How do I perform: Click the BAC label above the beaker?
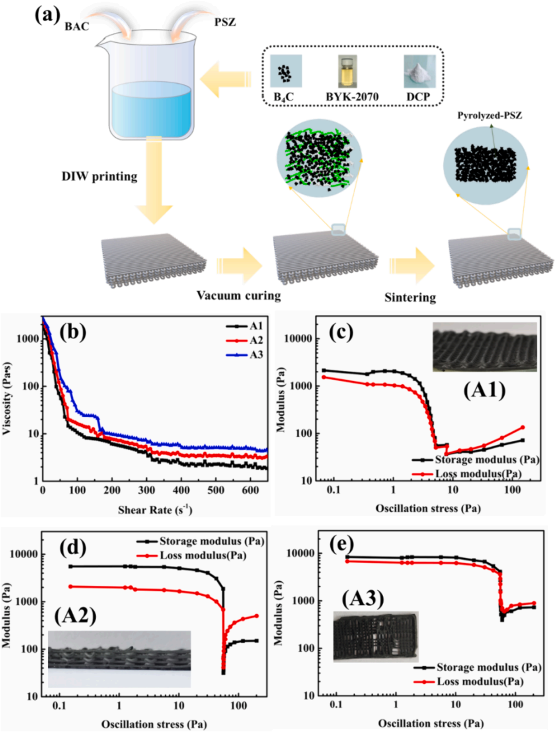(x=77, y=27)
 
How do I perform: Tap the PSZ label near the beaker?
(x=225, y=22)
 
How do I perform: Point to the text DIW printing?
(x=99, y=176)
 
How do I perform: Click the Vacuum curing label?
(x=238, y=295)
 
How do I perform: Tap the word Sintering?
(x=410, y=297)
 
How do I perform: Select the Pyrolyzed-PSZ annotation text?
(x=490, y=115)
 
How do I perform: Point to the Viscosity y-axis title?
(x=7, y=399)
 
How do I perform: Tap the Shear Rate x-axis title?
(x=155, y=510)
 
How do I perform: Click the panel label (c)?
(x=341, y=333)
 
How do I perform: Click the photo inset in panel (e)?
(x=376, y=636)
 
